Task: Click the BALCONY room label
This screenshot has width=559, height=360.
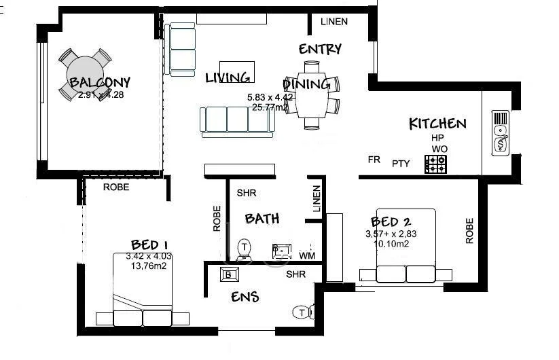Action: coord(100,83)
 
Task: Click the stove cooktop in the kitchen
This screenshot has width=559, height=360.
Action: coord(435,164)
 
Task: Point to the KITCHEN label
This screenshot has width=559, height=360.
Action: coord(437,124)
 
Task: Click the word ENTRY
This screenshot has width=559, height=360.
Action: coord(320,50)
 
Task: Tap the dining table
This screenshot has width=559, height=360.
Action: coord(312,94)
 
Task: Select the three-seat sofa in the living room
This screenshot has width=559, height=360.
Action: coord(234,121)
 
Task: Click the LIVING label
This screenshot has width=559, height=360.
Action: coord(228,77)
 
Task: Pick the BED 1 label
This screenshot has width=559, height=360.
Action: coord(149,245)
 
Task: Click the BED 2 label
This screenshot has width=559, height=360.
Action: coord(393,221)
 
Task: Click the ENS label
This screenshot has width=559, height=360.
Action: coord(245,297)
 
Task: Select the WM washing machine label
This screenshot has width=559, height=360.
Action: coord(306,255)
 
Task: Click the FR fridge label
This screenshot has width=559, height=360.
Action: coord(374,160)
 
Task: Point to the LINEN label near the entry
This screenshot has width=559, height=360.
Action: coord(333,22)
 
